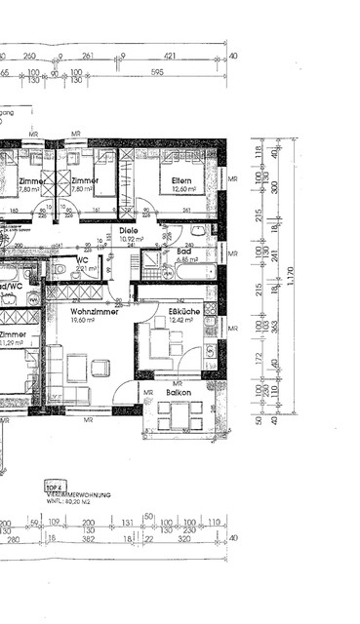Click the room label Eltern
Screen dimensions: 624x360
point(182,180)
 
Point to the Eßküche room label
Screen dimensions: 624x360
point(184,310)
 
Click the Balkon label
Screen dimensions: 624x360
point(178,393)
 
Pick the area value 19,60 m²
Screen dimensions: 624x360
point(82,319)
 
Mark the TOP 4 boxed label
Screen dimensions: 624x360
point(55,485)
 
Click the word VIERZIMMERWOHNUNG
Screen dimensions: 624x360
point(78,494)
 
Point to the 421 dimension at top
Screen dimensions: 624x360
point(171,57)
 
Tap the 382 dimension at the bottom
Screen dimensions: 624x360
point(87,538)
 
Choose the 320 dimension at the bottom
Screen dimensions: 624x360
point(186,538)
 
